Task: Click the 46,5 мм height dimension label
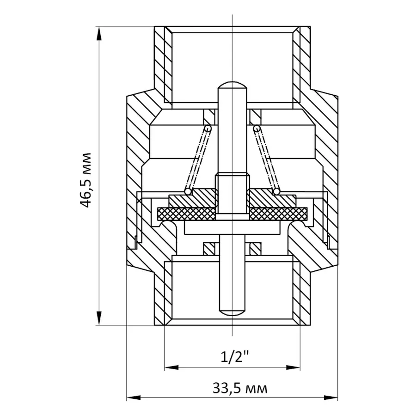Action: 86,179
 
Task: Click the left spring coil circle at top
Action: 208,128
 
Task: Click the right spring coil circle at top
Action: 257,128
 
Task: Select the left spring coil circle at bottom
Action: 188,191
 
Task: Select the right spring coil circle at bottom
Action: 276,191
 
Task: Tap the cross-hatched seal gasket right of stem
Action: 279,214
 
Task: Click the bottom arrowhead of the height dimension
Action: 99,319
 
